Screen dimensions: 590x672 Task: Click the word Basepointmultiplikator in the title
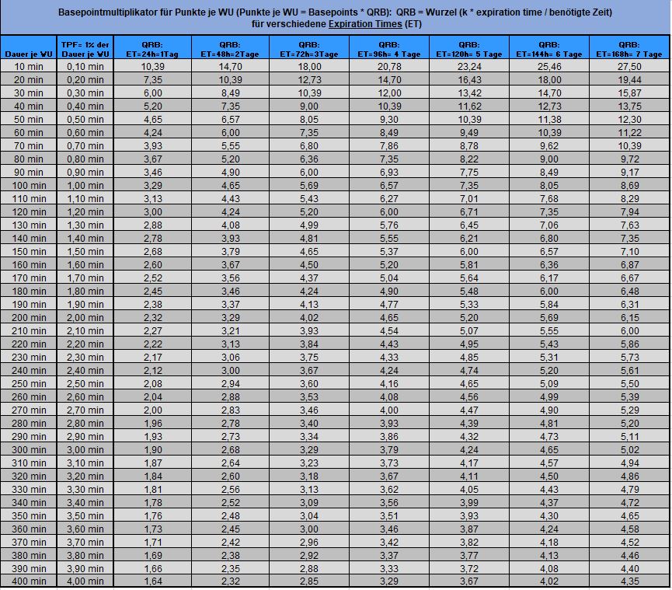(x=112, y=12)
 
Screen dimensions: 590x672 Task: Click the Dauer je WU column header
(x=29, y=54)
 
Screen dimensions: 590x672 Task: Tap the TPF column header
(x=85, y=49)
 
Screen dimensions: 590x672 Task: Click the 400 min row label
(x=29, y=581)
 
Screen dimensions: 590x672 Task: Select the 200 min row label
(x=29, y=317)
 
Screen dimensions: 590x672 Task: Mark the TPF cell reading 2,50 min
(x=85, y=383)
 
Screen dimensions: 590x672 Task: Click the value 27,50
(x=629, y=67)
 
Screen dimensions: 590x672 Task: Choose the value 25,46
(x=549, y=67)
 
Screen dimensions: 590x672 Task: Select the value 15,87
(x=629, y=93)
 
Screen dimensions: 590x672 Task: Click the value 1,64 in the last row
(x=152, y=581)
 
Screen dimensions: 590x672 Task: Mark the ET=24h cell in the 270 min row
(x=152, y=410)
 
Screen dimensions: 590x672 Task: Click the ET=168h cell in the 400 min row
(x=629, y=581)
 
